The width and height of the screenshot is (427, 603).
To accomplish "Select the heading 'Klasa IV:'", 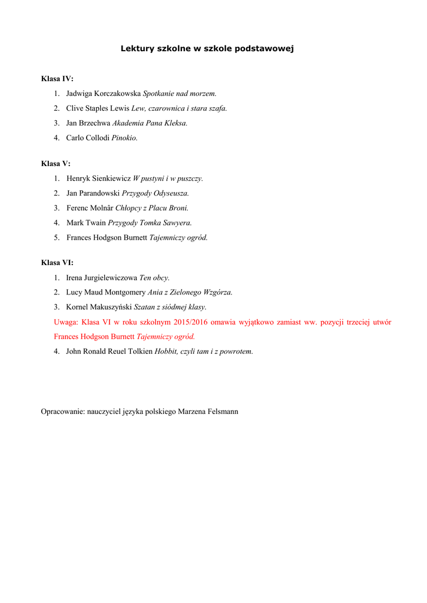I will (57, 78).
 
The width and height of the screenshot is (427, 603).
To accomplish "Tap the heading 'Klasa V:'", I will (55, 164).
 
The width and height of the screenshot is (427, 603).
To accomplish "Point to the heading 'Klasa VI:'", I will (57, 263).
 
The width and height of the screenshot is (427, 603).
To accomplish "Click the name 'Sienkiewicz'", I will (111, 178).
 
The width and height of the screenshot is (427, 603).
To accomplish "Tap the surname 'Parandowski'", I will (100, 193).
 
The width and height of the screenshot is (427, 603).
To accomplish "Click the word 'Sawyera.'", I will (177, 223).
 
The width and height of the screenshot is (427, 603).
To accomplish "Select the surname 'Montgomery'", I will (125, 292).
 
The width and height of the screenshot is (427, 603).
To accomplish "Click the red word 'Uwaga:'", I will (66, 322).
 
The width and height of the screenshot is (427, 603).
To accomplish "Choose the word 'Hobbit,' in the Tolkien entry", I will (167, 352).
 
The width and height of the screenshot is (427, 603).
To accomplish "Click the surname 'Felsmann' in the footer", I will (223, 412).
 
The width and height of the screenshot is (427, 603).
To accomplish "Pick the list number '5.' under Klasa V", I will (57, 238).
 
